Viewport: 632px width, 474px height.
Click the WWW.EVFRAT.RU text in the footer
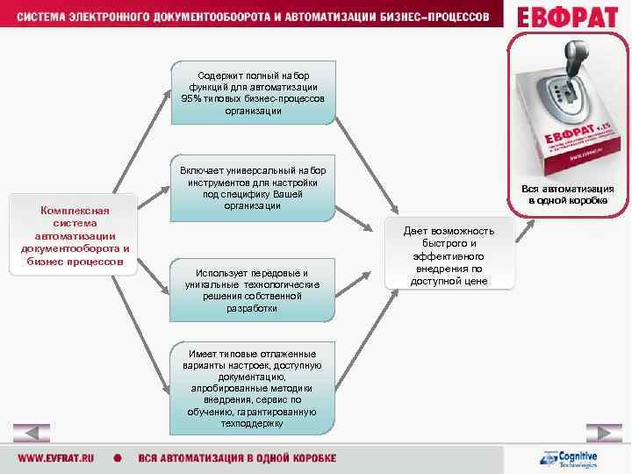[58, 459]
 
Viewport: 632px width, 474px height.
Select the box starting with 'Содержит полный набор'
[253, 93]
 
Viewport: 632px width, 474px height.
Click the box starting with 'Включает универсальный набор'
[253, 188]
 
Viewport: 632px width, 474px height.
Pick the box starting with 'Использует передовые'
[253, 290]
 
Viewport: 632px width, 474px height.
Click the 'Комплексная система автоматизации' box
[75, 235]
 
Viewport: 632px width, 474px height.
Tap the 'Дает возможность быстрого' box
[449, 255]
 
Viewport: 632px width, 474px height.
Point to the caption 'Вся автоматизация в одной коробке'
[567, 195]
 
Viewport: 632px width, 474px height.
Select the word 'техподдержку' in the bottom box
[253, 423]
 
